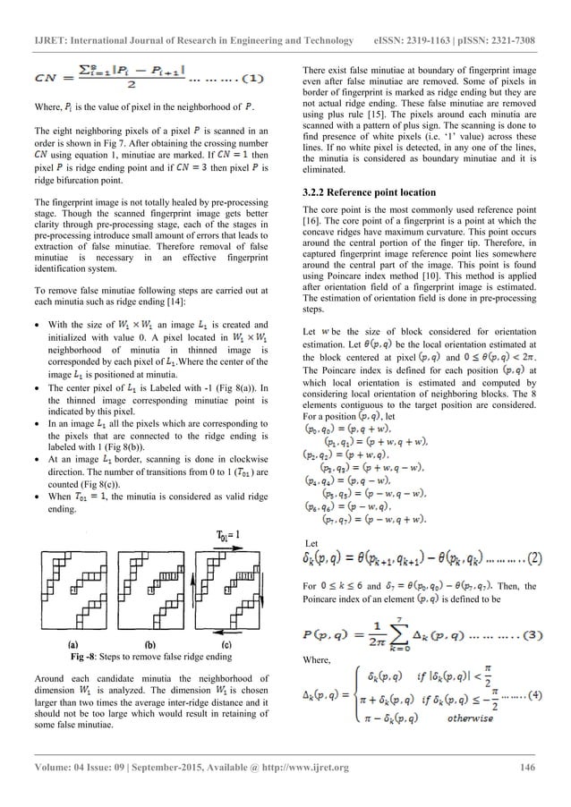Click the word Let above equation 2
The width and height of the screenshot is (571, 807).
(312, 517)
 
